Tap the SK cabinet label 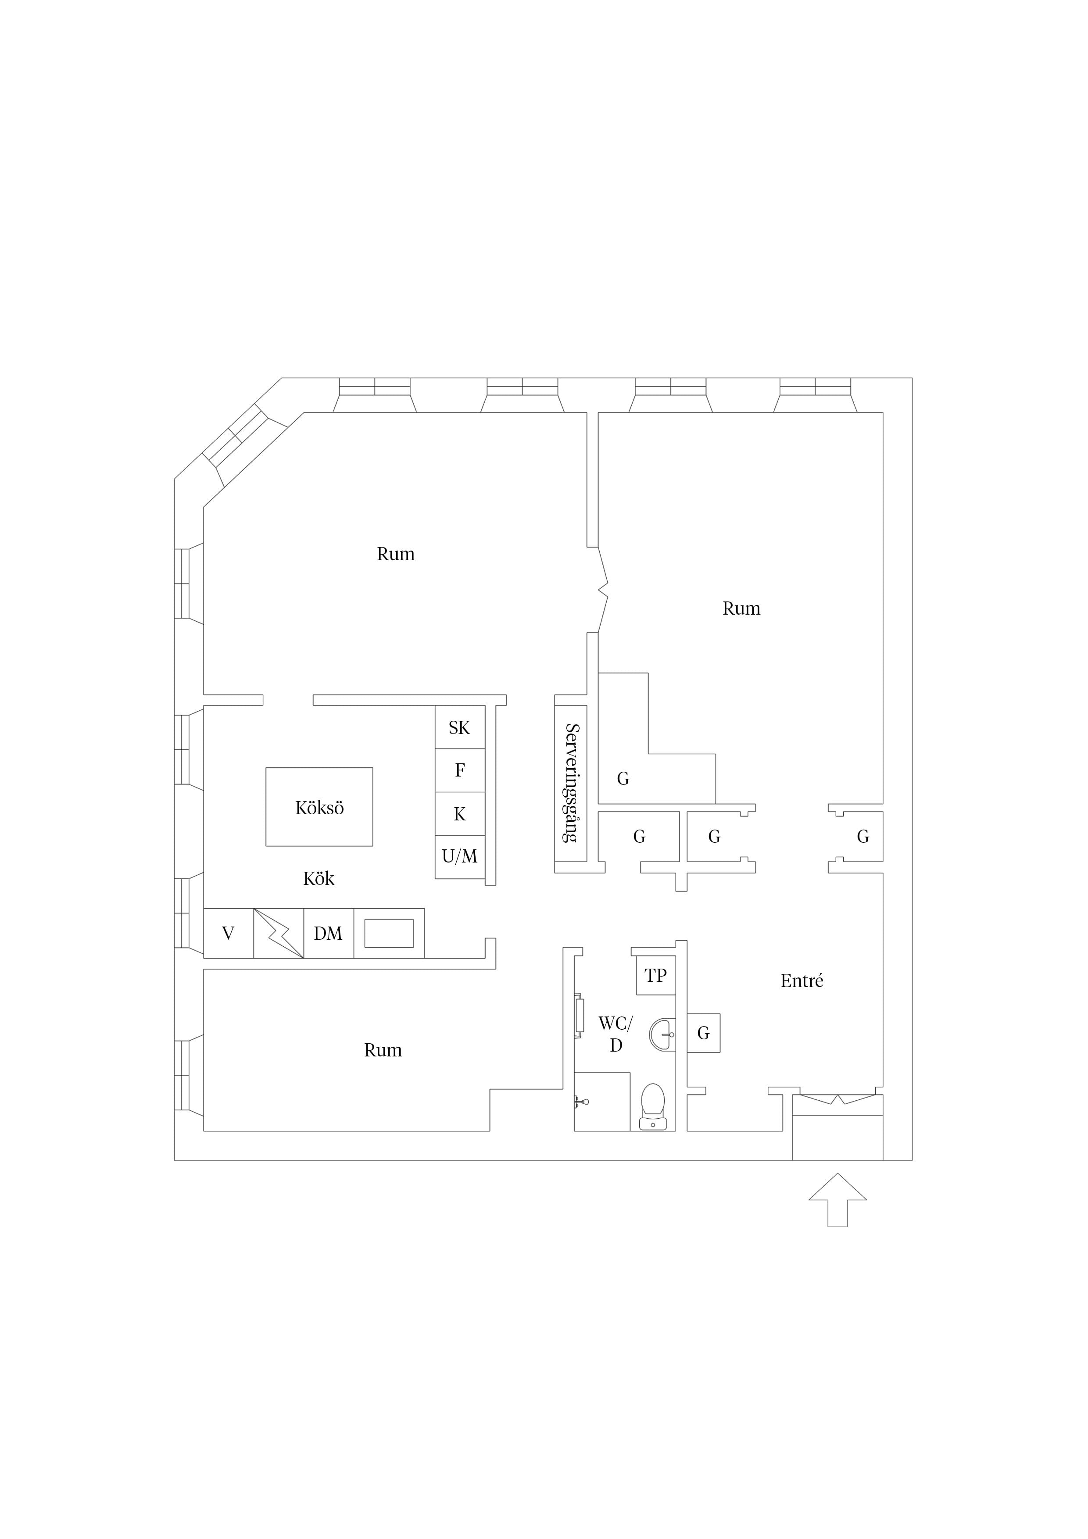(x=459, y=727)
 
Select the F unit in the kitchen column (x=460, y=770)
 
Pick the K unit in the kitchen (x=460, y=814)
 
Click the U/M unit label (x=460, y=856)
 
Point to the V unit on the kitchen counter (x=229, y=933)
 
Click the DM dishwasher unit (x=329, y=933)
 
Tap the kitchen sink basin (x=389, y=933)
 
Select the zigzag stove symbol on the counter (x=279, y=933)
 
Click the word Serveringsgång (x=572, y=783)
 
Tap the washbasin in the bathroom (x=662, y=1034)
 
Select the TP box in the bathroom (x=655, y=976)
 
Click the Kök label (x=319, y=879)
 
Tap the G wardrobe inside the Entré (x=703, y=1033)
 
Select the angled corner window (x=245, y=445)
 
